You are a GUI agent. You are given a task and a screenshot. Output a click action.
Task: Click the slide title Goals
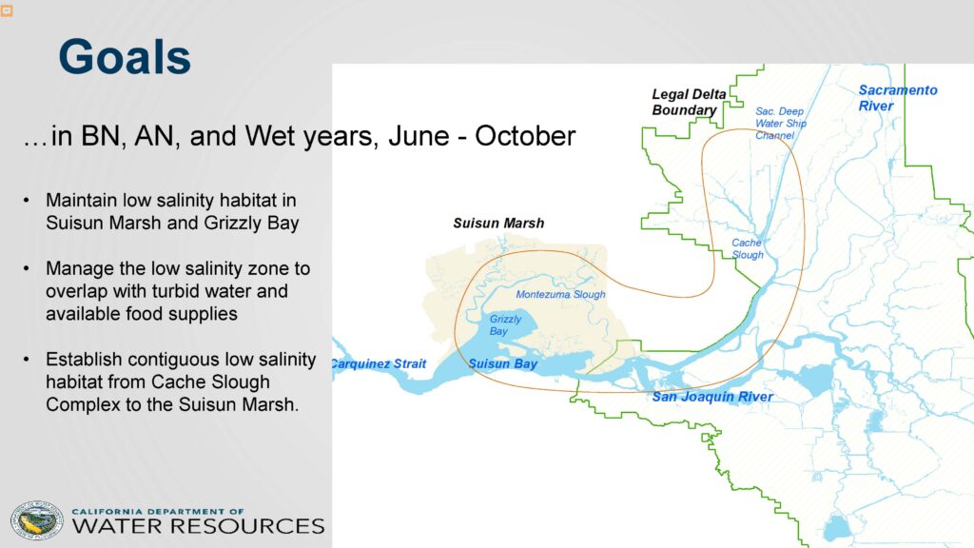(x=125, y=56)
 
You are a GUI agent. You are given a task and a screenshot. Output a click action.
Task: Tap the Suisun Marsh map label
(x=498, y=223)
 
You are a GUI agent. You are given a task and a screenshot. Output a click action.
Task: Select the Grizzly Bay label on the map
(x=505, y=325)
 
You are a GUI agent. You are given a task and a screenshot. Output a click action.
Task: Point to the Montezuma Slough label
(x=560, y=295)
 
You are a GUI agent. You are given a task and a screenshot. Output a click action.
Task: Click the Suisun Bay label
(x=502, y=364)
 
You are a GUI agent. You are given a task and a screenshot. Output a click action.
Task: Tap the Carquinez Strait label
(x=379, y=364)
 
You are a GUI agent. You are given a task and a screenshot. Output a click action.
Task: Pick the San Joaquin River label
(x=712, y=397)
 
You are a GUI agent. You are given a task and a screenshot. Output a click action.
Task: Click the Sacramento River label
(x=898, y=98)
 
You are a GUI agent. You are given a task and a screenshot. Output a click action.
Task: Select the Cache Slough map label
(x=748, y=248)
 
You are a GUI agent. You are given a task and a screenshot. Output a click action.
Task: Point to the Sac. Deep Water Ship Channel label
(x=781, y=123)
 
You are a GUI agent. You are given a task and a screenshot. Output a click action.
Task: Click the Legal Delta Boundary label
(x=689, y=102)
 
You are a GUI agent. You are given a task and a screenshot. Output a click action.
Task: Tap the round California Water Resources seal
(x=37, y=520)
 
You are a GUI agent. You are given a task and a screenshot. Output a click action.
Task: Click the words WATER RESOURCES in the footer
(x=198, y=526)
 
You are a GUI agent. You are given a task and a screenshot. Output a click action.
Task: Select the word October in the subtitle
(x=525, y=136)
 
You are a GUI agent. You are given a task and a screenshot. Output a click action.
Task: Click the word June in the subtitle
(x=419, y=136)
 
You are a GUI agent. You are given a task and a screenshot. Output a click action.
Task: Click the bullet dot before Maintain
(x=26, y=201)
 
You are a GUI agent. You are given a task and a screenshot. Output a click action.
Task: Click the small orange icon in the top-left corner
(x=7, y=10)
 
